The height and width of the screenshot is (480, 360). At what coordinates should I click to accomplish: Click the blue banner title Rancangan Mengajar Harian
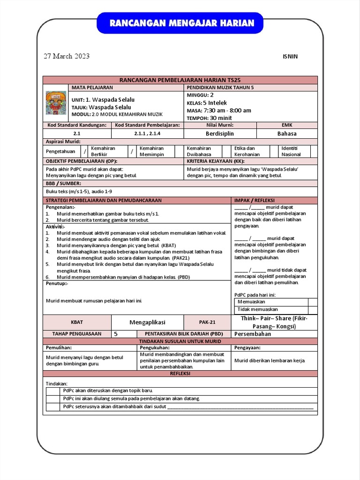pos(181,23)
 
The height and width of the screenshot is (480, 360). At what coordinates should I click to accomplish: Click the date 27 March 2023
pos(67,56)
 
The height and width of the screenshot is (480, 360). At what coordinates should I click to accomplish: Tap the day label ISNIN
pos(290,57)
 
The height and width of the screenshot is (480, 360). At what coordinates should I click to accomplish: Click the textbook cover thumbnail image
pos(56,103)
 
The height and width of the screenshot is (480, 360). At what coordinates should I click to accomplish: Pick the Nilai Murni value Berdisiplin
pos(220,134)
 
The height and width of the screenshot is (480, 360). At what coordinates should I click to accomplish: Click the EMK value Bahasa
pos(286,134)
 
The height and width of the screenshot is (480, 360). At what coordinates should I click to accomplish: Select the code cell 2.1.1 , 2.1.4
pos(147,134)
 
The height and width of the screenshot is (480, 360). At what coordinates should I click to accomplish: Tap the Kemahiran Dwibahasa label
pos(199,151)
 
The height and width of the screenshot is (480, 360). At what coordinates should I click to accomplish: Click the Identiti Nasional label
pos(291,151)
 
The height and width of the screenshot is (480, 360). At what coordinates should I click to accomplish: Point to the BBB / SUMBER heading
pos(63,183)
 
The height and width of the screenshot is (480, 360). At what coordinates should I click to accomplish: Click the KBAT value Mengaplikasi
pos(147,322)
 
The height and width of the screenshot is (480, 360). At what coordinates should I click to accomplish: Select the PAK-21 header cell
pos(207,322)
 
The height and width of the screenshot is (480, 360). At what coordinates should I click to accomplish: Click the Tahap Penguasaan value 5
pos(116,334)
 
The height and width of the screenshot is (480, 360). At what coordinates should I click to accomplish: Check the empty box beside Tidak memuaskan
pos(313,309)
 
